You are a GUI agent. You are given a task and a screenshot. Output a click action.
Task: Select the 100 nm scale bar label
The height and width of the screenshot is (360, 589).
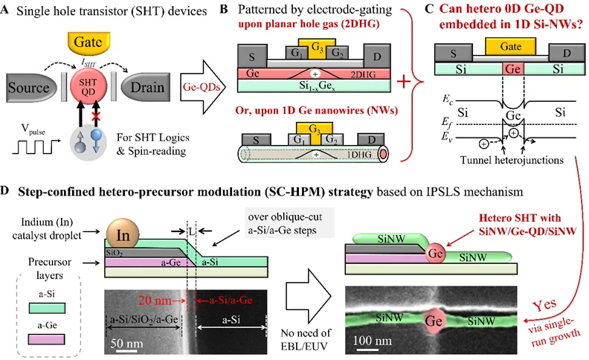[x=373, y=345]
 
